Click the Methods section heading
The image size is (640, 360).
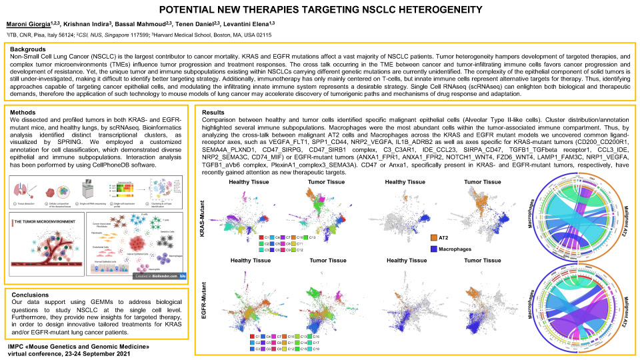pyautogui.click(x=25, y=112)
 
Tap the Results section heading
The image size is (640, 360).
pyautogui.click(x=213, y=112)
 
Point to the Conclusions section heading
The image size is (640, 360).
pyautogui.click(x=31, y=295)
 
